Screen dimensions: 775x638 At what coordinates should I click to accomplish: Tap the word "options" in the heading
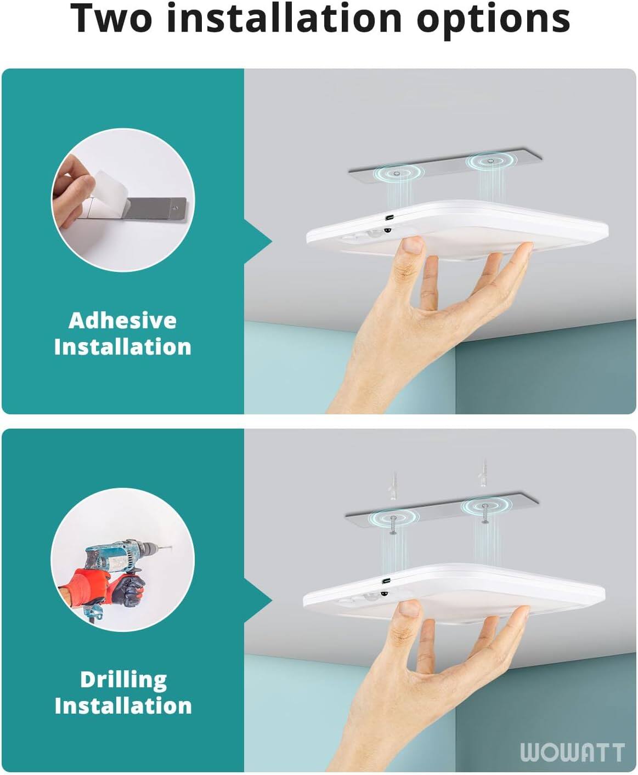pos(493,19)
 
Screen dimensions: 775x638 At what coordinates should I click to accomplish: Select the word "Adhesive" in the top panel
pos(122,321)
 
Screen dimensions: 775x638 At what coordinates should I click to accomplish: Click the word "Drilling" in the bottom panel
pos(123,680)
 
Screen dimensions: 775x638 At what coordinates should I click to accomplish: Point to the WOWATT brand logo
pos(572,753)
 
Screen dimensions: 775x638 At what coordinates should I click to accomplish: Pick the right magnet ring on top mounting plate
pos(490,161)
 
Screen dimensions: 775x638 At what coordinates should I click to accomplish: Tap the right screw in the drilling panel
pos(485,514)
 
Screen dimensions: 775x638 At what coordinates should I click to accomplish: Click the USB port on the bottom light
pos(387,580)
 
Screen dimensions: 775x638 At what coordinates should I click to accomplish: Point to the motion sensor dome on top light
pos(387,230)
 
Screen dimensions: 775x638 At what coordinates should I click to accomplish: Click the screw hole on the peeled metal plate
pos(175,208)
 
